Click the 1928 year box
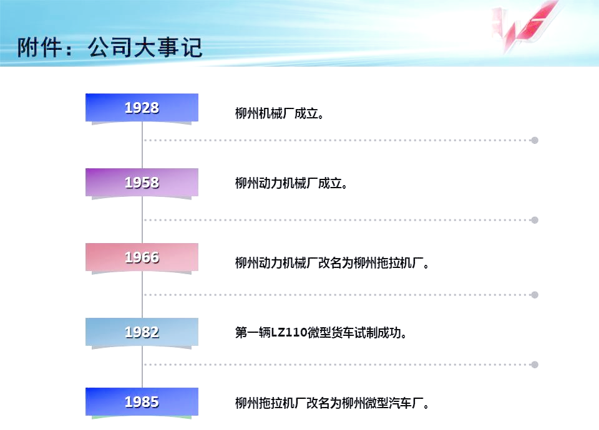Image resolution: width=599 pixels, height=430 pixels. (142, 108)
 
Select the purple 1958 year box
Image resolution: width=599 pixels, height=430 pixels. (142, 183)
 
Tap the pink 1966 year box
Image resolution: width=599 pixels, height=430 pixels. (142, 257)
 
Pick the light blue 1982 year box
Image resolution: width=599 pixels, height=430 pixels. (142, 332)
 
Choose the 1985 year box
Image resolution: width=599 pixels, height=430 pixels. (142, 402)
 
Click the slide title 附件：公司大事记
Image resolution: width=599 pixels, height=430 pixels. (110, 48)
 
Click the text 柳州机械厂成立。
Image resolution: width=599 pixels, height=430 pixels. (280, 113)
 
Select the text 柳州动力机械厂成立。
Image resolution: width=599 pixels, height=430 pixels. (291, 183)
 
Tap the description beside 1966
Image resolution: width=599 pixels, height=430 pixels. (332, 263)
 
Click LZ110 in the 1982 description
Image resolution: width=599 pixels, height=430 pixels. (289, 333)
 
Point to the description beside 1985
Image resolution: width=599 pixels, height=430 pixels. (332, 403)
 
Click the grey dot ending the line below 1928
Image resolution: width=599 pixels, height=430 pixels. (535, 140)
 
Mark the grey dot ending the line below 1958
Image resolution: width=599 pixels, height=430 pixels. (535, 220)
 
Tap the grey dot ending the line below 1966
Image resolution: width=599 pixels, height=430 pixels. (535, 295)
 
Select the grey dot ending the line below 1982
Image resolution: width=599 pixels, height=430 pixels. (535, 365)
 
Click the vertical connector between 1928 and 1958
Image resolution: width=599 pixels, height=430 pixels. (142, 145)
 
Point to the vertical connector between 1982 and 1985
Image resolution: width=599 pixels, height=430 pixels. (142, 367)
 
